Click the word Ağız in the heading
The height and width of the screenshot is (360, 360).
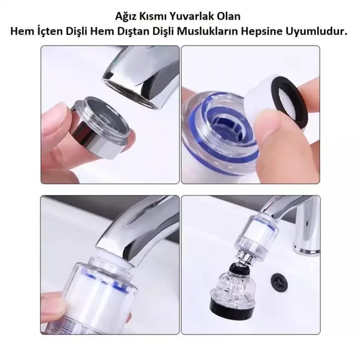(130, 16)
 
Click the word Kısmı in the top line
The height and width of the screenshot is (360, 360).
(159, 16)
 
